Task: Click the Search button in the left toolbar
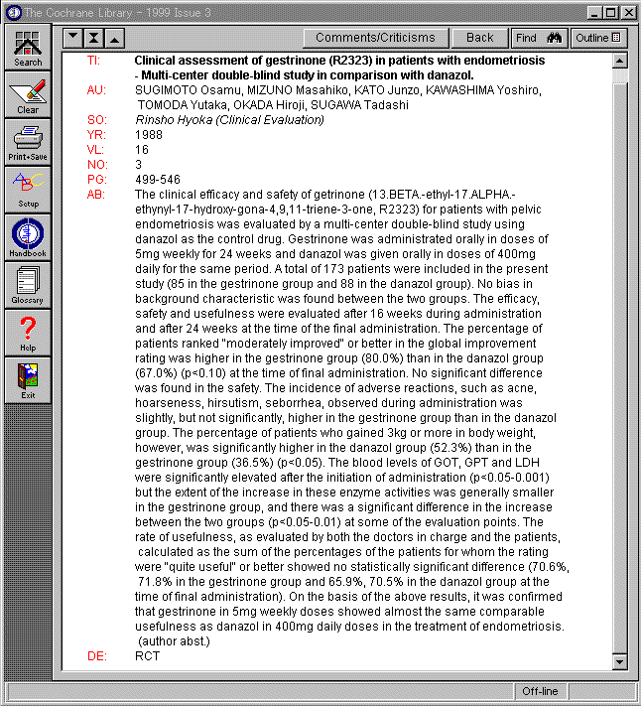coord(28,47)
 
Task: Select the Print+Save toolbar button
coord(28,141)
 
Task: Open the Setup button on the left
coord(28,189)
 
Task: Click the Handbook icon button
coord(28,238)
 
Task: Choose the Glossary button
coord(28,285)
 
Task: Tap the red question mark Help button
coord(28,333)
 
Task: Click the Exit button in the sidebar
coord(28,380)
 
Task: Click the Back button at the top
coord(479,38)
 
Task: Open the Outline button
coord(599,38)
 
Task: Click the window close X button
coord(627,12)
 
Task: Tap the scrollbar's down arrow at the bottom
coord(620,661)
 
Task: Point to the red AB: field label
coord(95,195)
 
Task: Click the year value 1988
coord(151,135)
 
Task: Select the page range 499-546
coord(158,180)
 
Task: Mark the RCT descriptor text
coord(147,656)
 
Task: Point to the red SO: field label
coord(95,120)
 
